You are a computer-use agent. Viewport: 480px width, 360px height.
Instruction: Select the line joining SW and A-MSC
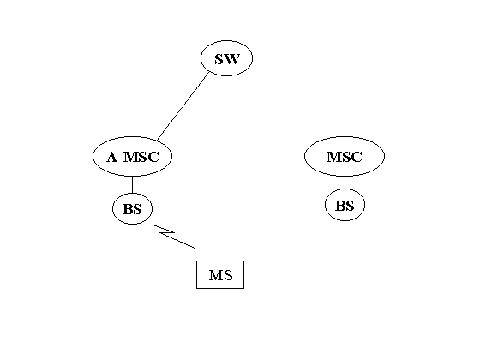(x=183, y=106)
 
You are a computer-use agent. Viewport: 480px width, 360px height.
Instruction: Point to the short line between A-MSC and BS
(x=132, y=184)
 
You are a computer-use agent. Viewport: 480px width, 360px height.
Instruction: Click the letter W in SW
(x=231, y=59)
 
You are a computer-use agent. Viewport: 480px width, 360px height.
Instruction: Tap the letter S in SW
(x=219, y=59)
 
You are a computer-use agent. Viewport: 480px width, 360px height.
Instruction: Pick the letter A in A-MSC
(x=112, y=158)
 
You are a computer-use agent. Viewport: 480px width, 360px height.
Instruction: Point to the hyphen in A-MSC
(x=121, y=159)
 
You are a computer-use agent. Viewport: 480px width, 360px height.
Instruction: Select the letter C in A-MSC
(x=153, y=158)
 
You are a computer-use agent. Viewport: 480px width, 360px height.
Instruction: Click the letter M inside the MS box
(x=216, y=275)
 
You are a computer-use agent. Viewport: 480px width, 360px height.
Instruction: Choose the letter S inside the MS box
(x=228, y=275)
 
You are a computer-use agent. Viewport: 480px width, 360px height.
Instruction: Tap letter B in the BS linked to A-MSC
(x=128, y=209)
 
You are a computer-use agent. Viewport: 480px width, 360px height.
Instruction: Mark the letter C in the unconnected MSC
(x=356, y=157)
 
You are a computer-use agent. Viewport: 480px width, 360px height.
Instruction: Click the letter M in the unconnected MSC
(x=334, y=157)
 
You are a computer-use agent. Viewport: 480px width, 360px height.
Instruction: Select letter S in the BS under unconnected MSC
(x=351, y=206)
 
